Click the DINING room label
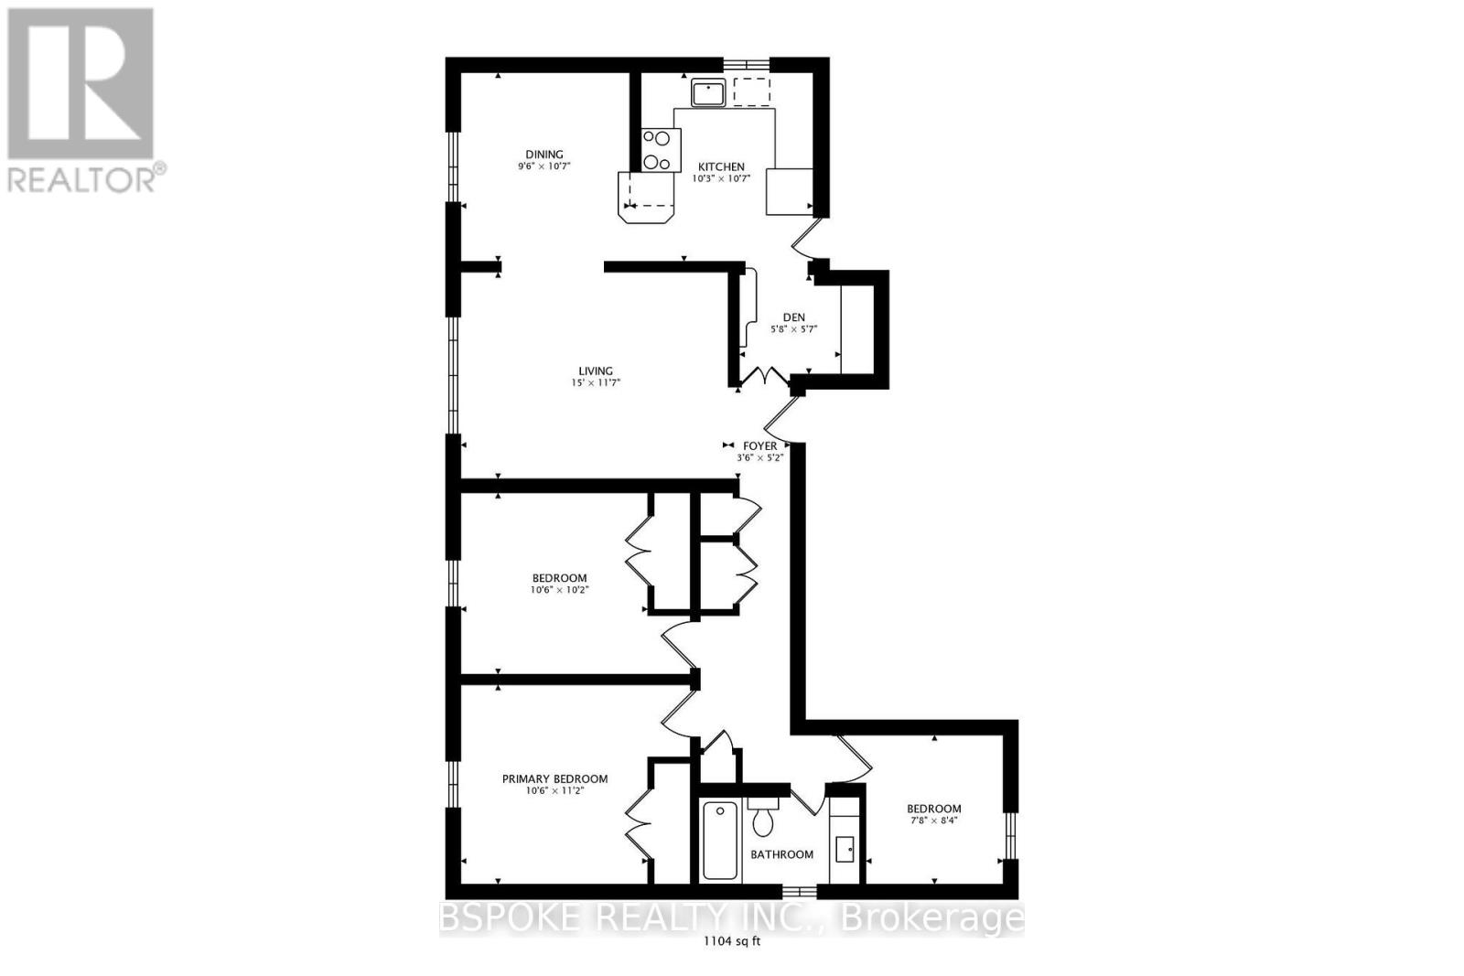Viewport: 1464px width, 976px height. pyautogui.click(x=544, y=155)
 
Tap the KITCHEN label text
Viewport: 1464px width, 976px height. pyautogui.click(x=722, y=166)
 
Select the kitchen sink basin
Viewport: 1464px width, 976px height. pyautogui.click(x=708, y=92)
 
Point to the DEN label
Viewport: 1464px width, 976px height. pyautogui.click(x=794, y=317)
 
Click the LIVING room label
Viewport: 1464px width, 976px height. pyautogui.click(x=596, y=371)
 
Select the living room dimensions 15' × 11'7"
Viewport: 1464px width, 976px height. pyautogui.click(x=596, y=383)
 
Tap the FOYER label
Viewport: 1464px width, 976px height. pyautogui.click(x=760, y=446)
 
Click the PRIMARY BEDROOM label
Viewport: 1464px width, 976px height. pyautogui.click(x=554, y=778)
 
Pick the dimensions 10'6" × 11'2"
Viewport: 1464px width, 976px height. pyautogui.click(x=554, y=790)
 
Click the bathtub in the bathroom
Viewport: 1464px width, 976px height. pyautogui.click(x=720, y=840)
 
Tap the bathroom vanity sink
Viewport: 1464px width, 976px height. pyautogui.click(x=845, y=850)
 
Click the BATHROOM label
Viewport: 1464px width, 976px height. pyautogui.click(x=781, y=854)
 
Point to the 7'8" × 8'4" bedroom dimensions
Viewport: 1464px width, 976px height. pyautogui.click(x=934, y=820)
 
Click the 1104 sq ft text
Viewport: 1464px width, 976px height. pyautogui.click(x=732, y=941)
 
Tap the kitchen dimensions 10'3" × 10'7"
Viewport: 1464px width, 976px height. pyautogui.click(x=722, y=178)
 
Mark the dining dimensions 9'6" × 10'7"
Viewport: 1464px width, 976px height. pyautogui.click(x=544, y=166)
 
